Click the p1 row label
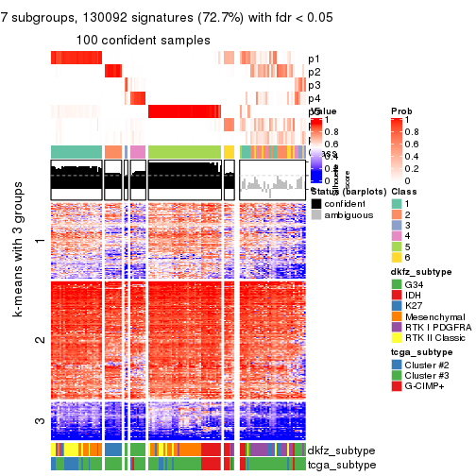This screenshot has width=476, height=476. [x=314, y=59]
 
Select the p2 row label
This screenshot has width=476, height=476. [x=314, y=72]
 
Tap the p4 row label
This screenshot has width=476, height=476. [x=314, y=98]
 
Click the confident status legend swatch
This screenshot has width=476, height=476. [x=315, y=203]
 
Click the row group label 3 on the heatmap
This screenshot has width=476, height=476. [x=39, y=421]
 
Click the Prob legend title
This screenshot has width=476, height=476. [x=401, y=111]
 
